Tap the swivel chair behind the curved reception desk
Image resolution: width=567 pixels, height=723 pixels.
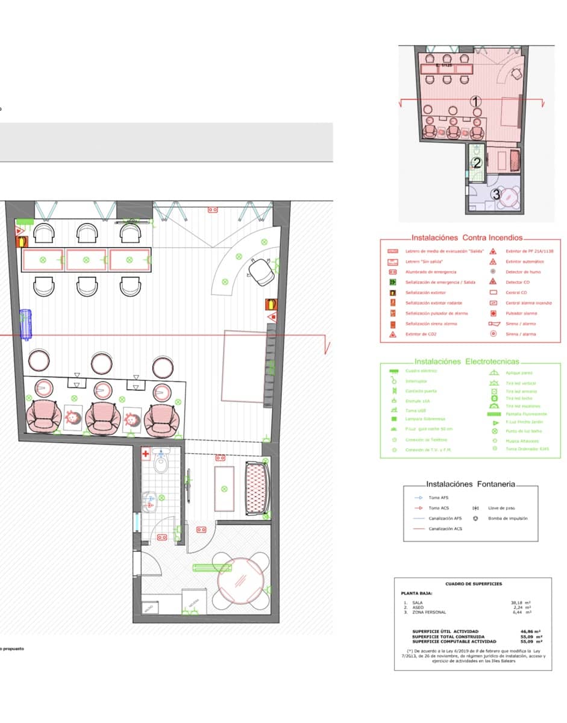[x=261, y=271]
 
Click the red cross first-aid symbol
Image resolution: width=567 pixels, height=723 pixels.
[x=145, y=455]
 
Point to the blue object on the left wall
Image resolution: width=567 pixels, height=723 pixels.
[x=25, y=325]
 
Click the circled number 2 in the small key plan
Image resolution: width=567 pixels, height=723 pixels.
[x=477, y=163]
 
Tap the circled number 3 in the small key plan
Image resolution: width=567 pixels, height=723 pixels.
[x=496, y=195]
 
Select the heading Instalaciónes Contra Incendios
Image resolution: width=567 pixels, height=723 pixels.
[x=466, y=238]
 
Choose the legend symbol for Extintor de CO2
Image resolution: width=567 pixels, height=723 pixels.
[x=392, y=334]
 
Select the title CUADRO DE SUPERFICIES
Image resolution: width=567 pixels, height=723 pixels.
[x=473, y=584]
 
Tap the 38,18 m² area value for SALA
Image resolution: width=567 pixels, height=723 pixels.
[x=520, y=602]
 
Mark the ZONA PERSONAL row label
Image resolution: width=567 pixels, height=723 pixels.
[x=429, y=612]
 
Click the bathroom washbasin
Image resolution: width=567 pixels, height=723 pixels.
[x=149, y=498]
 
